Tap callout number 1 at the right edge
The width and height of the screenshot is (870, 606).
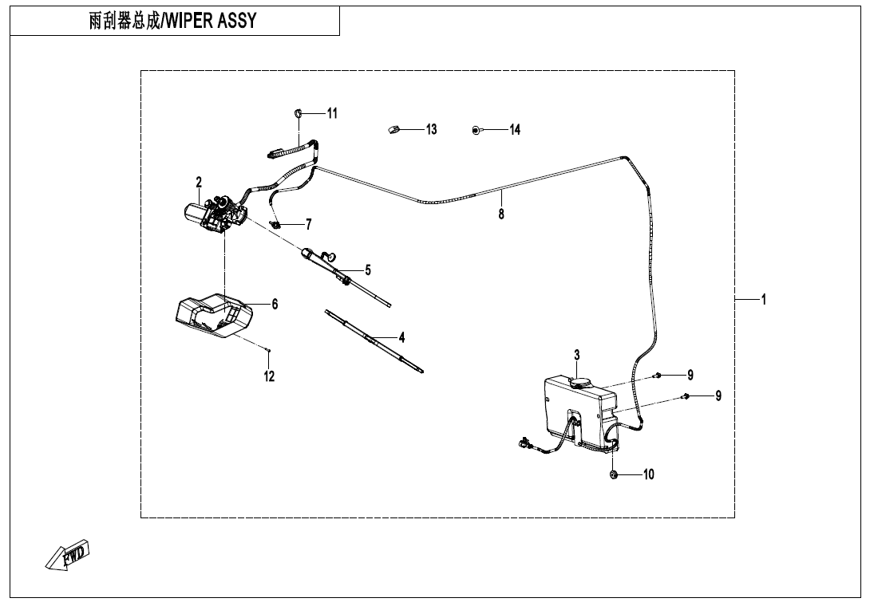point(764,300)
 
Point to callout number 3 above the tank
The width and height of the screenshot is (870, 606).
point(576,355)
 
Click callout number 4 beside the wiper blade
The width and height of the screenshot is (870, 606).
point(401,337)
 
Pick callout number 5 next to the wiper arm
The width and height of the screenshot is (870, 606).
point(368,270)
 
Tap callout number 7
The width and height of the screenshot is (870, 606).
point(308,224)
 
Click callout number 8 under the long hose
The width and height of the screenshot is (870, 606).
point(501,214)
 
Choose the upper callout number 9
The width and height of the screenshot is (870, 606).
point(690,375)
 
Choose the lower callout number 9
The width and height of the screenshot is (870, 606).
point(718,395)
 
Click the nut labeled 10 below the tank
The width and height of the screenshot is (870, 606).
point(614,474)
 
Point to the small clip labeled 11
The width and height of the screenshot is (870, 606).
point(297,112)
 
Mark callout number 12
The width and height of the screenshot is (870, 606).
point(270,376)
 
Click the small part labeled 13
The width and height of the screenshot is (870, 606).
point(393,129)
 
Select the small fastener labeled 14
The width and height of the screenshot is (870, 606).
point(477,129)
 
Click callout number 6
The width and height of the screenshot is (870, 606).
point(275,304)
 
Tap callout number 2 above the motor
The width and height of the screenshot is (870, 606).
point(199,183)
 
